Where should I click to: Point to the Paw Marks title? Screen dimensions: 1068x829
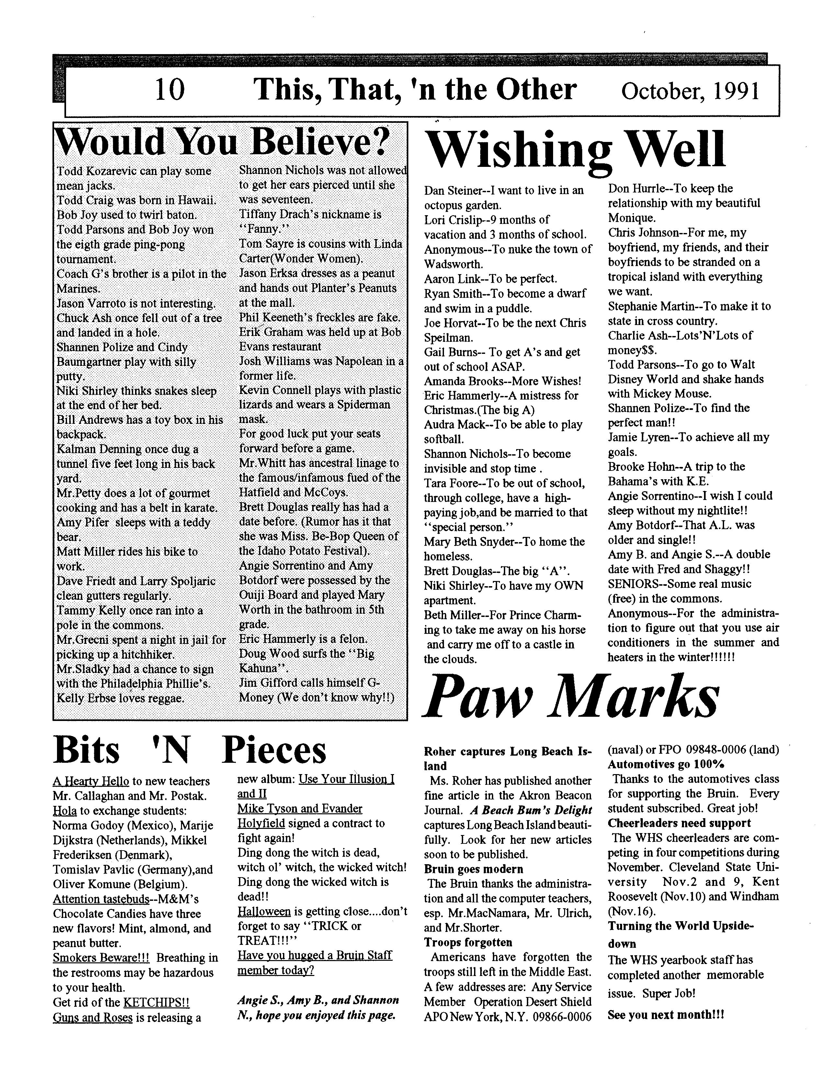571,696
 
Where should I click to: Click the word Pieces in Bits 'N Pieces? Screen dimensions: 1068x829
274,751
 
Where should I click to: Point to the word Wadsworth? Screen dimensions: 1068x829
453,264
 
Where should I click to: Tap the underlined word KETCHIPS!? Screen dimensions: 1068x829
156,1003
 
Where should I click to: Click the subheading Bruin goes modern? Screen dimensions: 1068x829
473,869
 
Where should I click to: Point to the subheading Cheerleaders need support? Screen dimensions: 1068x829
679,823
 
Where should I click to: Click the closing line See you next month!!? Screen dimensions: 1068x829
665,1015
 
